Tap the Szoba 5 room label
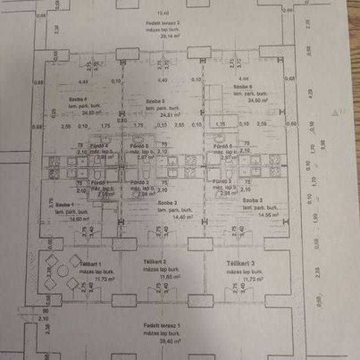(x=155, y=101)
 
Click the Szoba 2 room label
(x=168, y=202)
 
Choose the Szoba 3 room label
(x=253, y=201)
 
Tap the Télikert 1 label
(x=90, y=263)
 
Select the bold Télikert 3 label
(x=241, y=263)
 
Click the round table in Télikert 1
(x=63, y=271)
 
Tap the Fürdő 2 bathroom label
(x=139, y=183)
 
